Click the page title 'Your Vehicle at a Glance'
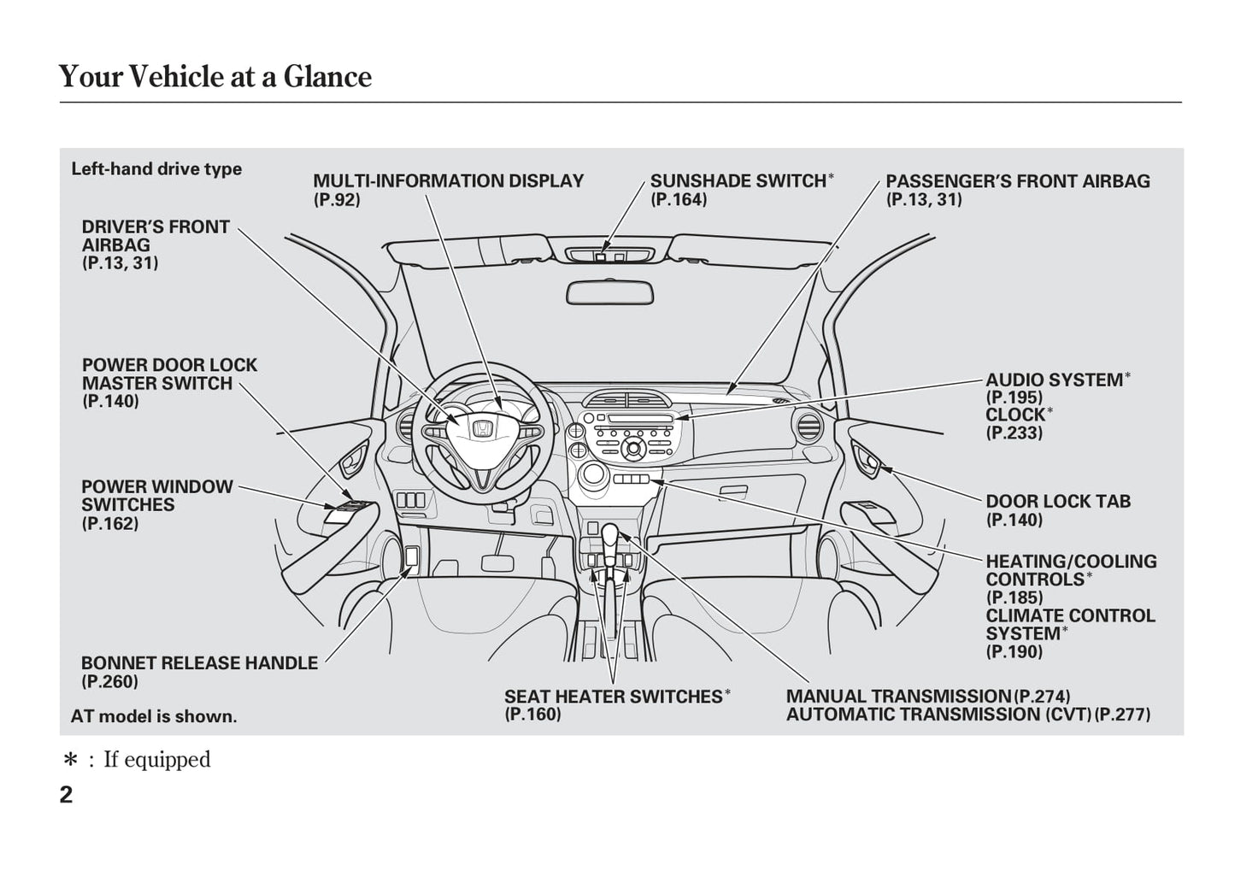(215, 77)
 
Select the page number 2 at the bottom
(67, 795)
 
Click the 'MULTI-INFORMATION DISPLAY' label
(448, 181)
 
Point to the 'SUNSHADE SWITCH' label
(738, 181)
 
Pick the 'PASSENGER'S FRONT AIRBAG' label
(1017, 181)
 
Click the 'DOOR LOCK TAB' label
(1058, 502)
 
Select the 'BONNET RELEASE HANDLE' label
(199, 663)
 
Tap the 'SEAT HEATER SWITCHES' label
(614, 697)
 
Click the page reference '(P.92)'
(337, 200)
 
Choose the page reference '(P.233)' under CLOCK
(1014, 433)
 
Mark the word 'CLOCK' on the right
(1015, 415)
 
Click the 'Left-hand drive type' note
(156, 169)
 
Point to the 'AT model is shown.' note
(154, 716)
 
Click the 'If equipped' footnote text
(156, 759)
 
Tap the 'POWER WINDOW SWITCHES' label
(156, 496)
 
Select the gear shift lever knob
(609, 536)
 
